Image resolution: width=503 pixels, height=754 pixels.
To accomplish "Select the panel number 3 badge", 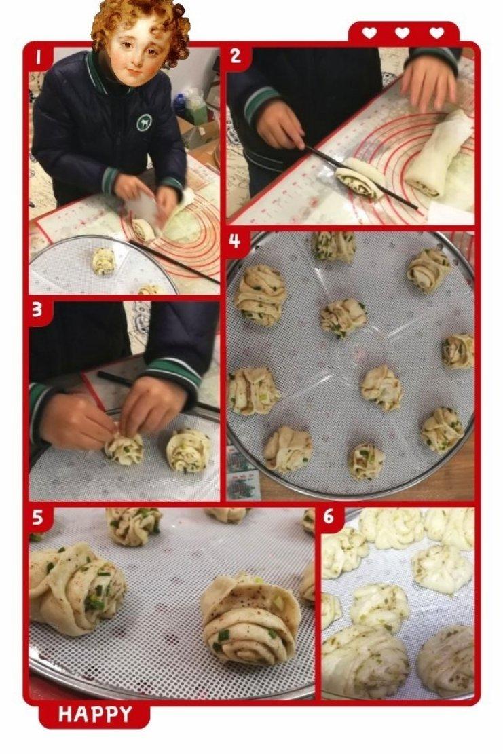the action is coord(38,311).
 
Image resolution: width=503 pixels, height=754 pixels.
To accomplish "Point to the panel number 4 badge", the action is coord(235,242).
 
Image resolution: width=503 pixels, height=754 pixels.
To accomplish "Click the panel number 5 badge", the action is coord(38,518).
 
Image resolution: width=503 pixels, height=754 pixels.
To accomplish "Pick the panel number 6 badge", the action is coord(329,517).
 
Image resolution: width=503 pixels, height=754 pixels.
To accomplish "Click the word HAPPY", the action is coord(95,715).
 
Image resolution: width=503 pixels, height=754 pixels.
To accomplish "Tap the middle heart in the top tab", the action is coord(402,33).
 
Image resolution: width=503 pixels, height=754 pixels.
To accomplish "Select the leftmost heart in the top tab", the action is coord(369,33).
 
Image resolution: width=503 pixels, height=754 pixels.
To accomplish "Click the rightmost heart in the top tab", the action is coord(436,33).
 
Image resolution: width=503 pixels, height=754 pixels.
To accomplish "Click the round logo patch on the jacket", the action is coord(144,122).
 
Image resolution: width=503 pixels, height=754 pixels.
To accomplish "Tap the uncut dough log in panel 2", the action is coord(439,154).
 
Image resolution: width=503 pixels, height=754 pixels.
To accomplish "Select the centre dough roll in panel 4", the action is coord(343,318).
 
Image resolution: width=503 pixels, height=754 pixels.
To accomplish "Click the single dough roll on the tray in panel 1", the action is coord(103,261).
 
